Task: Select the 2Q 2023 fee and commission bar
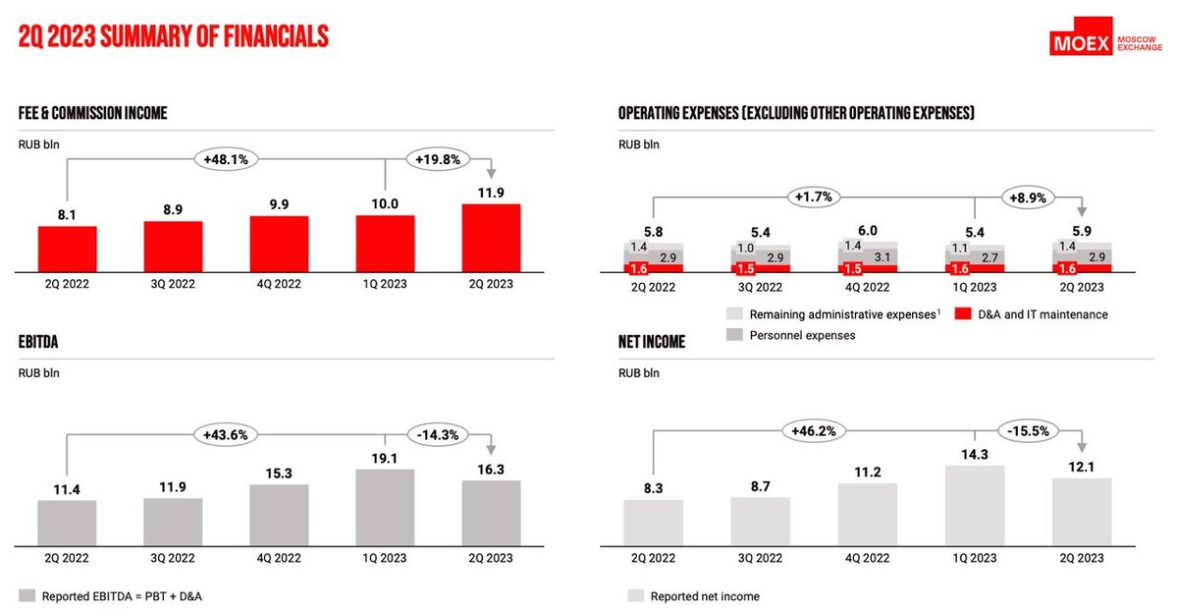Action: click(491, 237)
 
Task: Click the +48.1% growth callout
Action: click(225, 157)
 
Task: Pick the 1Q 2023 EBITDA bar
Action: click(385, 506)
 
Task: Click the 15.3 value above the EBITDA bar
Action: click(279, 473)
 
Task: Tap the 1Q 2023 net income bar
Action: click(975, 504)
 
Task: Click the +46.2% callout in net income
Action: click(814, 430)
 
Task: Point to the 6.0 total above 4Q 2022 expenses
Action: click(868, 230)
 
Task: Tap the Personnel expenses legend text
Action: click(802, 336)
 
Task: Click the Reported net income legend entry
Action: click(704, 596)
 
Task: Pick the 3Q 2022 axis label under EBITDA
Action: click(173, 558)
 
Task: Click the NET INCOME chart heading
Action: click(652, 342)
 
